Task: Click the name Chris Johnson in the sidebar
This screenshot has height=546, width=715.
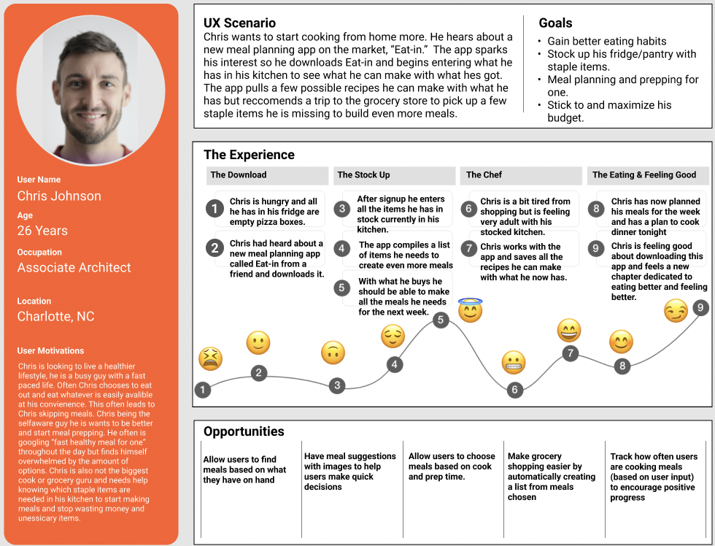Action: pos(59,196)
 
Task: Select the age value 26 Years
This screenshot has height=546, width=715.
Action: pos(42,231)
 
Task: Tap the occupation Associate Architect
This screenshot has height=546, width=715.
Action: pos(74,267)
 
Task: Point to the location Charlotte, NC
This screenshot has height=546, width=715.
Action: pos(56,316)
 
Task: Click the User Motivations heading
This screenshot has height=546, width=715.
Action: pos(50,350)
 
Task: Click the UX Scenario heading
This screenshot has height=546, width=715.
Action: pos(239,23)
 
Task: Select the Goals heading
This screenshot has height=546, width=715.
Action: pos(555,23)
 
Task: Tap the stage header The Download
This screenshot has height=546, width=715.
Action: pos(239,175)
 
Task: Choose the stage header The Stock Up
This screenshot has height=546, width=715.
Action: pos(363,175)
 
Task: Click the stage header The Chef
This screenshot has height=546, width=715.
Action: pos(484,175)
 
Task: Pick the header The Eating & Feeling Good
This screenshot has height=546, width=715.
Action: pos(644,175)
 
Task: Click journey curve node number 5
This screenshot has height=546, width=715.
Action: pos(440,320)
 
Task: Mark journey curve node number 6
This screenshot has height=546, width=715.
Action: pos(514,390)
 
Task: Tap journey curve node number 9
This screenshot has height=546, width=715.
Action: pos(700,308)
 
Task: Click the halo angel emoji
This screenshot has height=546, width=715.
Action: pos(471,310)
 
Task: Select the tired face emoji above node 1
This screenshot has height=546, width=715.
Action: pos(210,358)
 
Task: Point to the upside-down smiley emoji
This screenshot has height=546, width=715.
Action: pos(333,353)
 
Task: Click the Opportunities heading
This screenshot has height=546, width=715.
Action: pos(244,431)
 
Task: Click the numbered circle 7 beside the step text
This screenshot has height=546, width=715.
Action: pos(468,248)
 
